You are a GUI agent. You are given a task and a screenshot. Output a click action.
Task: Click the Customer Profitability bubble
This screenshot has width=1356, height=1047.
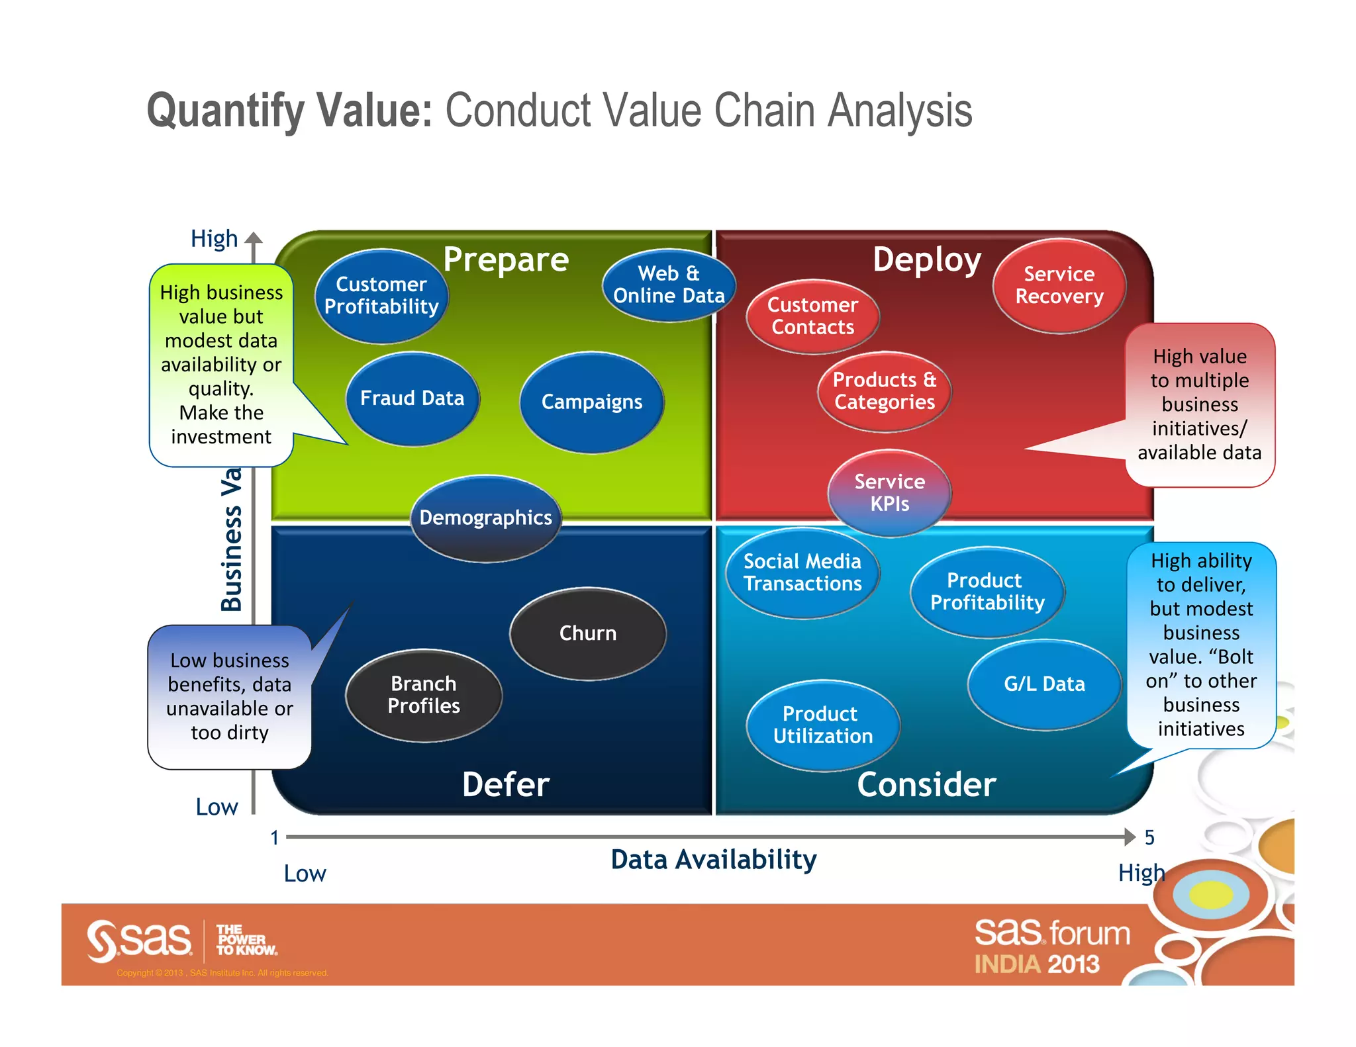pyautogui.click(x=381, y=296)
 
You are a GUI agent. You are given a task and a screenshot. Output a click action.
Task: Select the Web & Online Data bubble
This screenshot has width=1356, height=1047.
pyautogui.click(x=669, y=285)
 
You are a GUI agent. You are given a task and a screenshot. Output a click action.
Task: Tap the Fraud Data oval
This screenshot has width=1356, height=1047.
pyautogui.click(x=412, y=398)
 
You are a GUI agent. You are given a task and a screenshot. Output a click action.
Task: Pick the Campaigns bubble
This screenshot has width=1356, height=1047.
pyautogui.click(x=592, y=402)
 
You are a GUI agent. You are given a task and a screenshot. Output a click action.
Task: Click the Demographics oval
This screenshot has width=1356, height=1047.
pyautogui.click(x=485, y=518)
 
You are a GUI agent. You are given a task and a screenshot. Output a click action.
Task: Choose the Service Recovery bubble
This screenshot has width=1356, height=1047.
pyautogui.click(x=1059, y=286)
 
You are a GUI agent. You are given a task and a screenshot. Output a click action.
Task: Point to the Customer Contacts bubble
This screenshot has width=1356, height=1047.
pyautogui.click(x=812, y=316)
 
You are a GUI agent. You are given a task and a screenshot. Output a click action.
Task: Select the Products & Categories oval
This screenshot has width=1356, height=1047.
pyautogui.click(x=884, y=391)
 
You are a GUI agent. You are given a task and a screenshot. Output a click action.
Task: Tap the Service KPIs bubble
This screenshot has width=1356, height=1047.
pyautogui.click(x=889, y=493)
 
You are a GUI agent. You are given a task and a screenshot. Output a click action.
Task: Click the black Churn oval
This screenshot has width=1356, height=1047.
pyautogui.click(x=587, y=633)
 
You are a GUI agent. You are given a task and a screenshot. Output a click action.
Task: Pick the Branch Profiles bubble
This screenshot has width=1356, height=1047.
pyautogui.click(x=424, y=695)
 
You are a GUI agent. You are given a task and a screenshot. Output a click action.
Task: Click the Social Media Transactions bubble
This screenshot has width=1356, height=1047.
pyautogui.click(x=802, y=573)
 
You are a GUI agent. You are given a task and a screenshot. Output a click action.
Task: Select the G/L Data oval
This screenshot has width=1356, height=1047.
pyautogui.click(x=1044, y=684)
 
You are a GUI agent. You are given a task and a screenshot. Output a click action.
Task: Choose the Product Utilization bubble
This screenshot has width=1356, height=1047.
pyautogui.click(x=822, y=725)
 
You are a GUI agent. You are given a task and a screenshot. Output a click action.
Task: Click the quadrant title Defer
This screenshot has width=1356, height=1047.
pyautogui.click(x=506, y=785)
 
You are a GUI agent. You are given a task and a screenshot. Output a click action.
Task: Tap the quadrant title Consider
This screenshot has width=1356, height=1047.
pyautogui.click(x=926, y=785)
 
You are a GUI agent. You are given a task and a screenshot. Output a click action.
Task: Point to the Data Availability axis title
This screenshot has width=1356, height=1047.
pyautogui.click(x=713, y=860)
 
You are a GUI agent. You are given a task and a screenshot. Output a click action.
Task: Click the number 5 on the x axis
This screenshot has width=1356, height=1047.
pyautogui.click(x=1149, y=838)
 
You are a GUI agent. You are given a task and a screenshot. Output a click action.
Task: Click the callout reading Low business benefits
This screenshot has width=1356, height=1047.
pyautogui.click(x=230, y=696)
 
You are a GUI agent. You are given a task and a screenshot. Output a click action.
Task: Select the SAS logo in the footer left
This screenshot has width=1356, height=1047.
pyautogui.click(x=140, y=940)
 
